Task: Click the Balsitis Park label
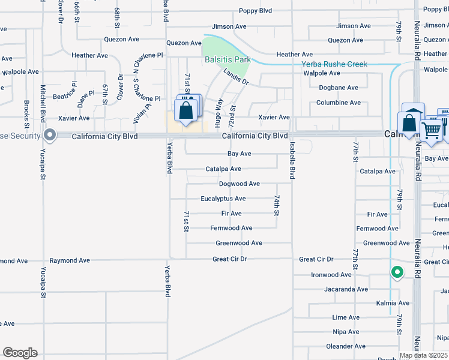pyautogui.click(x=228, y=60)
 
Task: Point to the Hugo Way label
pyautogui.click(x=220, y=113)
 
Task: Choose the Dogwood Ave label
pyautogui.click(x=239, y=184)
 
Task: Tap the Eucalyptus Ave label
pyautogui.click(x=223, y=199)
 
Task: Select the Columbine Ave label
pyautogui.click(x=339, y=103)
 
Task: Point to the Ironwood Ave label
pyautogui.click(x=331, y=275)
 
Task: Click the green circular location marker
pyautogui.click(x=397, y=273)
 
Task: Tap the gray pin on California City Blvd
pyautogui.click(x=50, y=136)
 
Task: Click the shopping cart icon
pyautogui.click(x=431, y=129)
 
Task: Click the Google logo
pyautogui.click(x=20, y=353)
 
